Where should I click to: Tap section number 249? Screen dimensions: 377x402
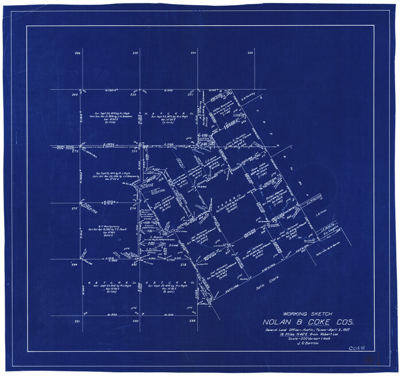click(75, 94)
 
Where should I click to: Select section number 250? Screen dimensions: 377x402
click(135, 94)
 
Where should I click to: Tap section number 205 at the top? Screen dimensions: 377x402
click(135, 53)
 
